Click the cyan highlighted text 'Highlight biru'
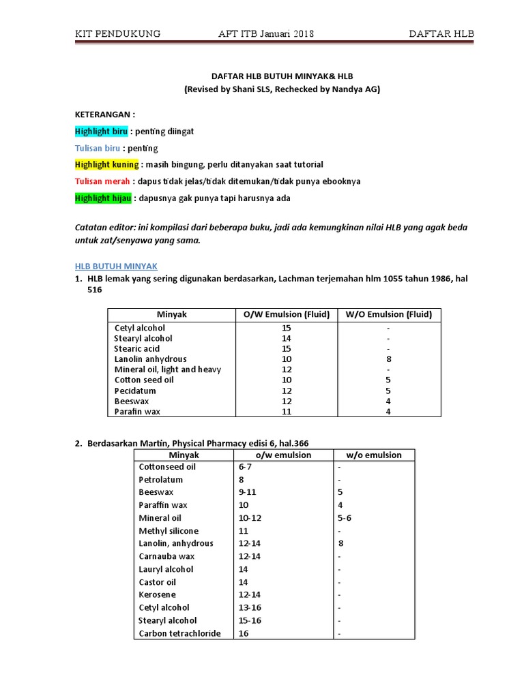[x=101, y=132]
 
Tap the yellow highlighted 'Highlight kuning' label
[x=107, y=165]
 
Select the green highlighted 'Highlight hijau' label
[x=104, y=198]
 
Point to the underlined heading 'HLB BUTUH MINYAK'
[x=115, y=265]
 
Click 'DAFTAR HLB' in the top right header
[x=441, y=34]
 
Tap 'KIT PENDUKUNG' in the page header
[x=117, y=34]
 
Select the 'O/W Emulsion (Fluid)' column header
[x=287, y=314]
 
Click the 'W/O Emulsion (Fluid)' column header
[x=388, y=314]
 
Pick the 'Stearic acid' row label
[x=137, y=349]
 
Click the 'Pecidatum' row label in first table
[x=135, y=391]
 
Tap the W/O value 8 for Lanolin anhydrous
[x=388, y=359]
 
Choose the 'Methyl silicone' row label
[x=169, y=531]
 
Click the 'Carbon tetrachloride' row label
[x=179, y=634]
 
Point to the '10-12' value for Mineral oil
[x=249, y=518]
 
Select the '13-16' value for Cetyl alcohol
[x=249, y=608]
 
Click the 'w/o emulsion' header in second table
[x=374, y=455]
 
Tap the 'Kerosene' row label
[x=158, y=595]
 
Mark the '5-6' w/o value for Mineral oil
[x=345, y=518]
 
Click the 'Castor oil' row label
[x=157, y=582]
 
